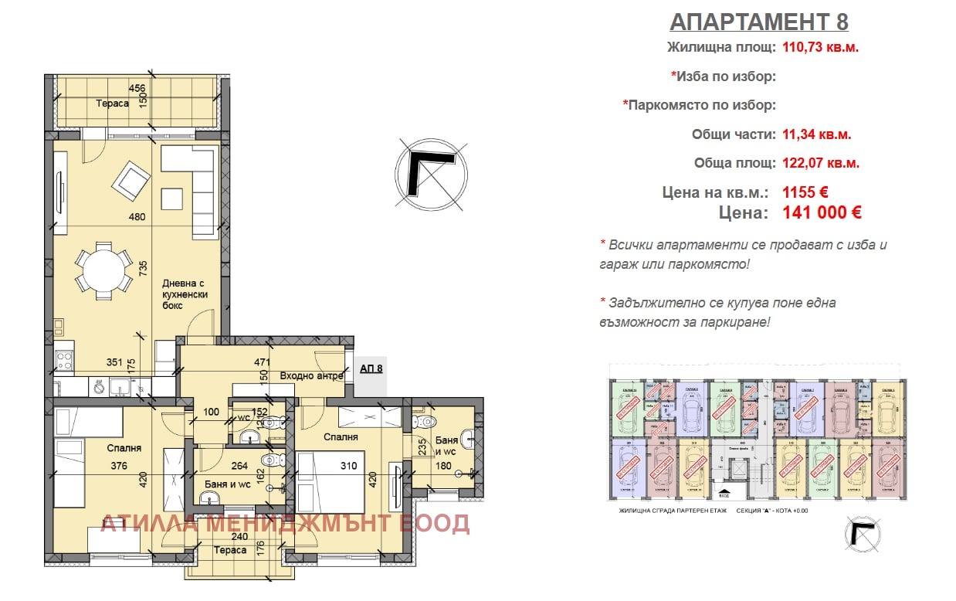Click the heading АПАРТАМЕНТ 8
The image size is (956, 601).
tap(759, 21)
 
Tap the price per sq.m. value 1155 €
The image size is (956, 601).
tap(805, 192)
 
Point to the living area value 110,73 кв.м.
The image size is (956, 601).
tap(820, 46)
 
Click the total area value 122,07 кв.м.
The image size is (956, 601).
tap(820, 163)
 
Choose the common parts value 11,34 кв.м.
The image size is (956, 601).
tap(817, 134)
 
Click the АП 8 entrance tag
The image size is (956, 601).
tap(371, 368)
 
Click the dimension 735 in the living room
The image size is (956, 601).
tap(143, 268)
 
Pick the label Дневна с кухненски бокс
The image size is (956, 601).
tap(185, 294)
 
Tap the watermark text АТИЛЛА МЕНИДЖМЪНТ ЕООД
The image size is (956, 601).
tap(285, 523)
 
